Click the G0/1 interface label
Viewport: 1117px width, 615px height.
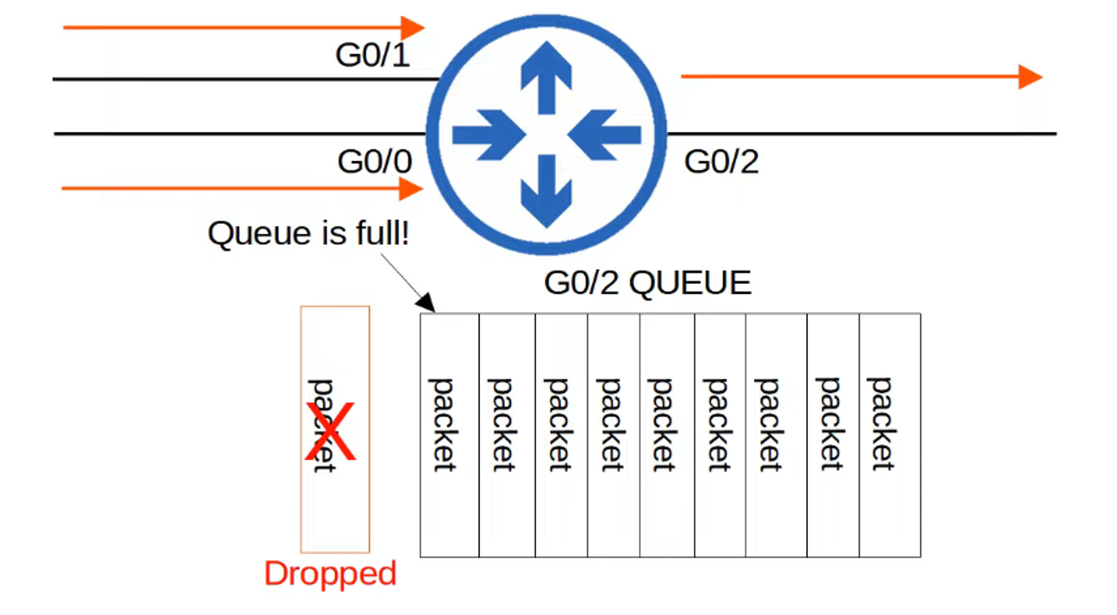372,55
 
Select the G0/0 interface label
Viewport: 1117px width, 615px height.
374,161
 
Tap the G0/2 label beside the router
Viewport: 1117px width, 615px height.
721,161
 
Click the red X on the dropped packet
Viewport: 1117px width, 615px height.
331,432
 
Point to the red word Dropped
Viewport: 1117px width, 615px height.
330,573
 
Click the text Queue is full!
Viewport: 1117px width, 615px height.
308,233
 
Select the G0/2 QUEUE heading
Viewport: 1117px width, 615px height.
647,283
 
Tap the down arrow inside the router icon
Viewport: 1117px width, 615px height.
546,193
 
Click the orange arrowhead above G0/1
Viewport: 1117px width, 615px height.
412,28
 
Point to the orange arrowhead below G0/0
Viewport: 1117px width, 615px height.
411,189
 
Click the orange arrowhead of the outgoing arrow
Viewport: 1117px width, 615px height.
1029,77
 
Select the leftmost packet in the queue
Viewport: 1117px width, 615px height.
449,435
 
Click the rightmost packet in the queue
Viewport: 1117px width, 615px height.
890,435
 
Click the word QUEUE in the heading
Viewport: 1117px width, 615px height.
690,283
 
